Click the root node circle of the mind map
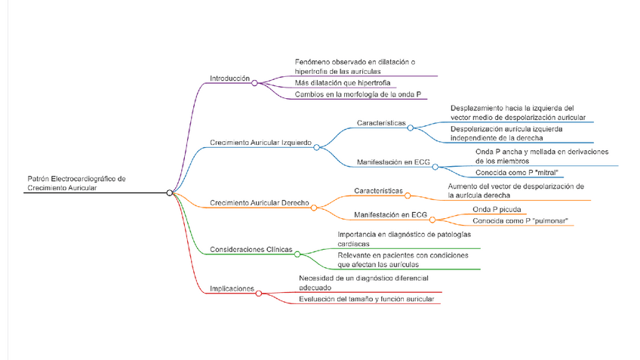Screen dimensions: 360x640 tap(170, 193)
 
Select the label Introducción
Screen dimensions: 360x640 tap(229, 78)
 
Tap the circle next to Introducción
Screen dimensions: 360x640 tap(255, 83)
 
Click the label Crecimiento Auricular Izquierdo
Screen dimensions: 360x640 tap(260, 142)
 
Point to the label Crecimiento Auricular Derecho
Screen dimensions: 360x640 tap(259, 203)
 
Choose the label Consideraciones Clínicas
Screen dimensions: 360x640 tap(251, 250)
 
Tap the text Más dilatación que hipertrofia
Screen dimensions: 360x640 tap(342, 82)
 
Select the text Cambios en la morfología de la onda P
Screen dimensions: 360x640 tap(358, 94)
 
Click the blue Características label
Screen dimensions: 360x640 tap(381, 123)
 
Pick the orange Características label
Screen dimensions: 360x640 tap(378, 191)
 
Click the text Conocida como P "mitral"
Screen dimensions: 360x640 tap(512, 172)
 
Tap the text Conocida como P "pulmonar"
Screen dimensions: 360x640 tap(520, 221)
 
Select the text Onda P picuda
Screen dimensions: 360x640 tap(497, 209)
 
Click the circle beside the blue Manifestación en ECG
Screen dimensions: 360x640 tap(435, 167)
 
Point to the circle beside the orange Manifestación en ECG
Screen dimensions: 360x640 tap(432, 220)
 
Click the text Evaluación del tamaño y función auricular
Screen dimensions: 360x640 tap(366, 300)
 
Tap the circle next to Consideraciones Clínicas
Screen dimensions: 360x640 tap(297, 254)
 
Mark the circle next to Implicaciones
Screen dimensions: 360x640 tap(259, 294)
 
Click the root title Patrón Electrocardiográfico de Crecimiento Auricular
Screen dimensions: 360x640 tap(75, 183)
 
